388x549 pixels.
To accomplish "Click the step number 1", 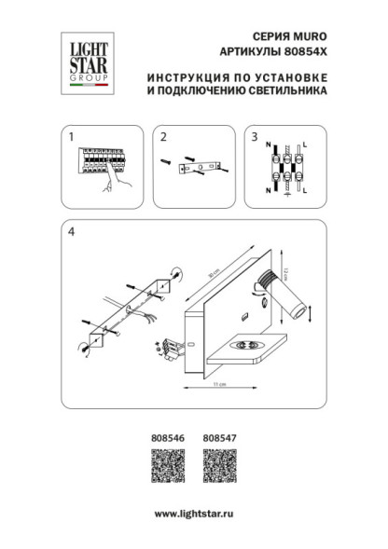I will pyautogui.click(x=70, y=137).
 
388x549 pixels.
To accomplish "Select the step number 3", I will pyautogui.click(x=254, y=137).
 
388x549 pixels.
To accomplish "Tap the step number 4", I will pyautogui.click(x=71, y=232).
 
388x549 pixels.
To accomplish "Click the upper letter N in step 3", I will pyautogui.click(x=269, y=145).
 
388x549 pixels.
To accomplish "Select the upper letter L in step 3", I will pyautogui.click(x=305, y=145).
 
